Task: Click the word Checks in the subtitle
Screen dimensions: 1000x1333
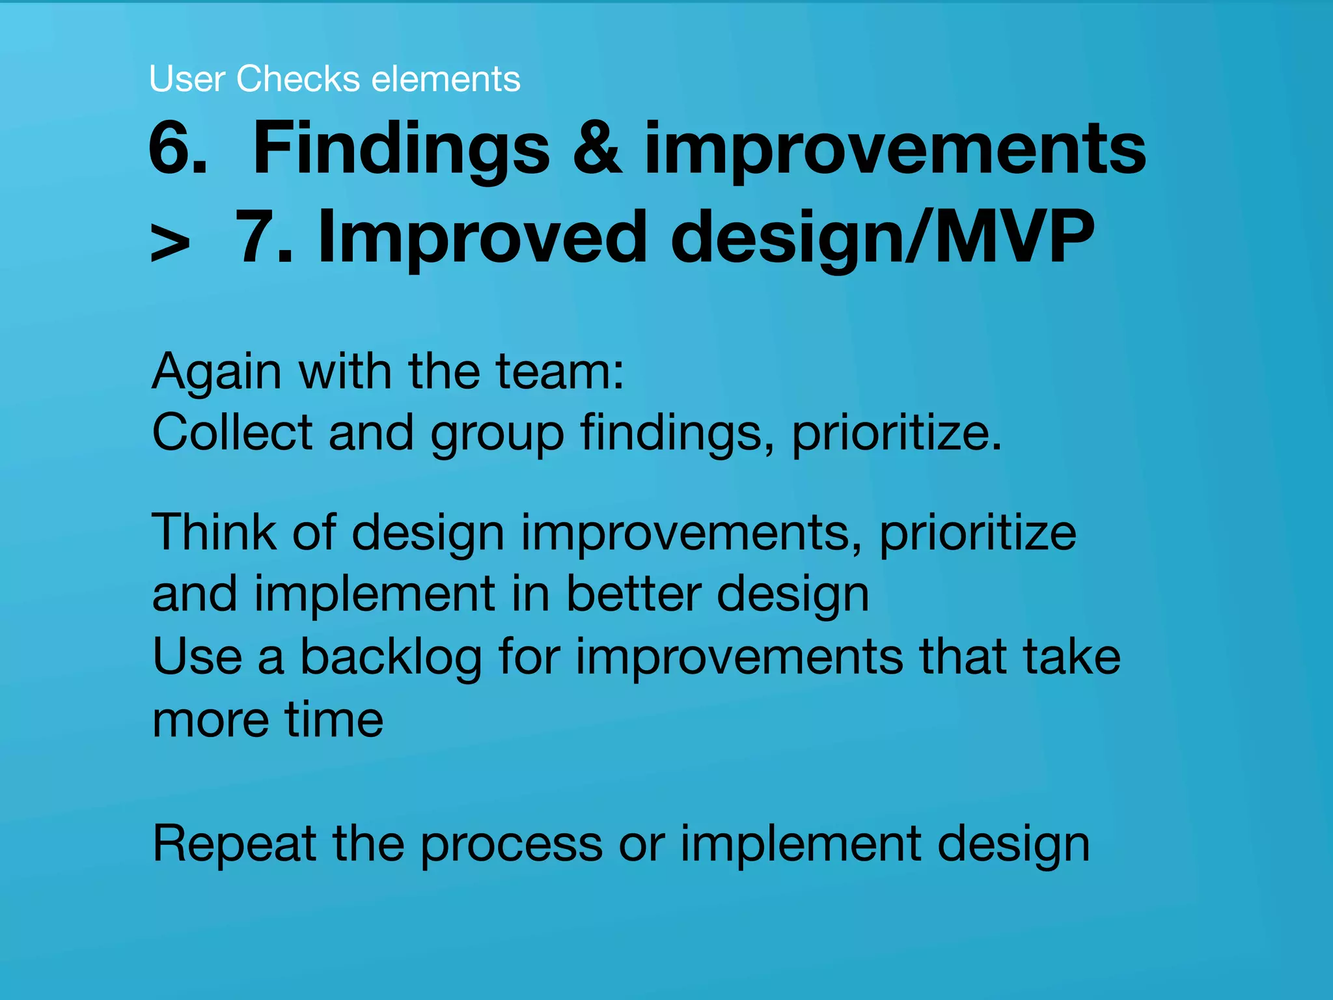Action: point(297,79)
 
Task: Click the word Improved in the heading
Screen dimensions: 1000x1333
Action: point(482,238)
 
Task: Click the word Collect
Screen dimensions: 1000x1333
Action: point(232,432)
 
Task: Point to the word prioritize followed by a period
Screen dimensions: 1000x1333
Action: point(896,434)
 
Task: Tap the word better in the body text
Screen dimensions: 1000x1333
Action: point(633,594)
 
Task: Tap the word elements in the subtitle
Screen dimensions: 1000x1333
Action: point(446,79)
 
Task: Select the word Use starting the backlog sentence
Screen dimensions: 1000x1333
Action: point(197,656)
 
